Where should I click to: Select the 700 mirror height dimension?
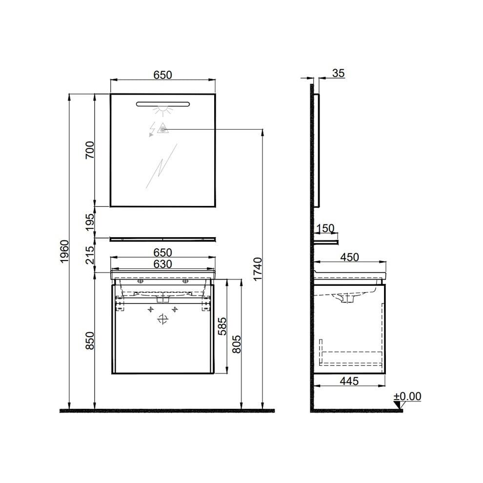click(x=89, y=150)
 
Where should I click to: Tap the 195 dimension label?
click(x=89, y=222)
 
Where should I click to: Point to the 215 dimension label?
click(x=89, y=255)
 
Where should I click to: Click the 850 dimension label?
click(x=89, y=341)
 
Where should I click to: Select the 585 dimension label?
click(x=222, y=325)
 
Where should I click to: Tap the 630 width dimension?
click(x=163, y=264)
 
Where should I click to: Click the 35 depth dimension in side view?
click(x=338, y=73)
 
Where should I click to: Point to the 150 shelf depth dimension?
click(x=324, y=228)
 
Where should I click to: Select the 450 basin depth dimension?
click(x=349, y=257)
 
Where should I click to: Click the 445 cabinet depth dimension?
click(x=349, y=381)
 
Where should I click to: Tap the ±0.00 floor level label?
click(x=407, y=396)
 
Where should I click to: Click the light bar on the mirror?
click(x=163, y=104)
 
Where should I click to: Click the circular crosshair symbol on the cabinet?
click(x=163, y=320)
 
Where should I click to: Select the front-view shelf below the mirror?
click(x=163, y=239)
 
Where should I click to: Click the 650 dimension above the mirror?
click(x=163, y=75)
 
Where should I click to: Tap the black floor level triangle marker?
click(x=398, y=405)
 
